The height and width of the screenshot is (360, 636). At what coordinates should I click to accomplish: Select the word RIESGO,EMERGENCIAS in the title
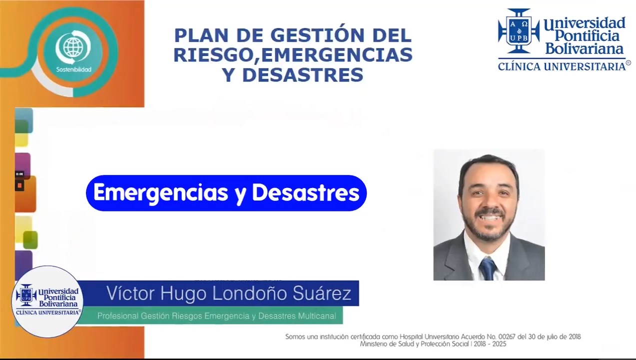coord(293,55)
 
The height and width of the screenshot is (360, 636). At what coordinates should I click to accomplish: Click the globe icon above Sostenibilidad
coord(73,48)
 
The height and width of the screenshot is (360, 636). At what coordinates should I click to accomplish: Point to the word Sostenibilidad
coord(74,69)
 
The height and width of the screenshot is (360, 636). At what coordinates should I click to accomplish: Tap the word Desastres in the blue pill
coord(305,193)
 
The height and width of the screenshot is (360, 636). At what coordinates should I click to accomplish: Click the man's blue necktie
coord(487,268)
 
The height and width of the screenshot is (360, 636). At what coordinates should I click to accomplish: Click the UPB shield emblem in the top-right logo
coord(519,30)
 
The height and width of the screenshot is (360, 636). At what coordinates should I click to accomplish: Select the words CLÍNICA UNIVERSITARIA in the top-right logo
coord(562,66)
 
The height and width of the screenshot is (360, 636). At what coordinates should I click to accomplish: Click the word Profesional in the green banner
coord(117,316)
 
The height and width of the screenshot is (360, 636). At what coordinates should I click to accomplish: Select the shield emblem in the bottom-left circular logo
coord(26,295)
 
